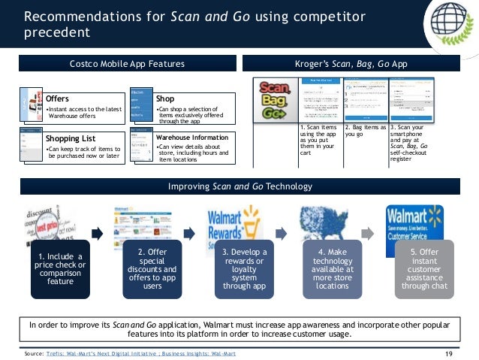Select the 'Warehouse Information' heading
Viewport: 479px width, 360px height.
coord(193,138)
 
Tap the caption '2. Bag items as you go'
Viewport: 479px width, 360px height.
coord(365,132)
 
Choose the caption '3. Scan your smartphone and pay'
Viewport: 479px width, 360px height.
coord(413,144)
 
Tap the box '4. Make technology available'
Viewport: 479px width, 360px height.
coord(327,270)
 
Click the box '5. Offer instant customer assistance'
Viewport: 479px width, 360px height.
coord(417,270)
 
